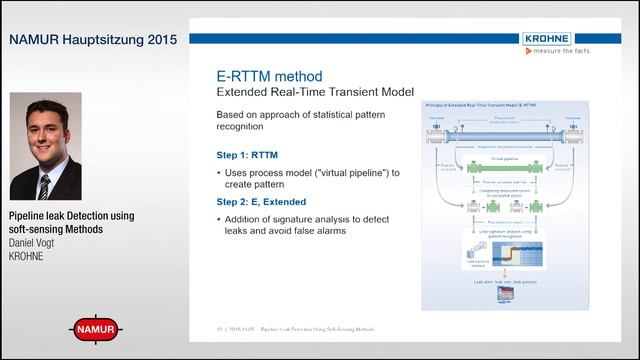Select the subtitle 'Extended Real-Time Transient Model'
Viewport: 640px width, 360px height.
[x=315, y=92]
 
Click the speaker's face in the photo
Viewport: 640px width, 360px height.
[x=43, y=131]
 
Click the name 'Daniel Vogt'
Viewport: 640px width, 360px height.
[x=37, y=243]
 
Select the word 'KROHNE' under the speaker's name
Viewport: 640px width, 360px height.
[x=29, y=256]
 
